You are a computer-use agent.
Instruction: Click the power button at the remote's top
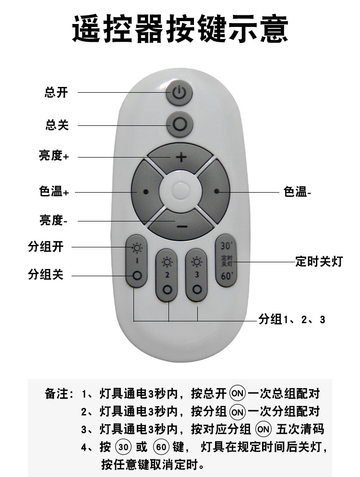click(x=179, y=93)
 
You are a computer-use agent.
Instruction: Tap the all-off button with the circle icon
click(x=180, y=125)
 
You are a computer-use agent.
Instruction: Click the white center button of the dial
click(x=181, y=191)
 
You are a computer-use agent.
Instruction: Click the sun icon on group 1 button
click(x=137, y=248)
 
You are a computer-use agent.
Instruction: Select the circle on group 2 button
click(x=167, y=290)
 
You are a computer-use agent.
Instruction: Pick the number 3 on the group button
click(x=196, y=275)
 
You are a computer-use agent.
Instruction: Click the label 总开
click(x=57, y=93)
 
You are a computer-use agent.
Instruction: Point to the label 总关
click(x=57, y=125)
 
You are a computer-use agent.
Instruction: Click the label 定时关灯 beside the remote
click(x=319, y=262)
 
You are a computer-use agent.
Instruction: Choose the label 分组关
click(x=46, y=275)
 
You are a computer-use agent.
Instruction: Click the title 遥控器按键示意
click(x=180, y=30)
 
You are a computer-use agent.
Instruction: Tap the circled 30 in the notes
click(x=123, y=447)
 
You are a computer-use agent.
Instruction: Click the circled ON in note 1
click(x=237, y=394)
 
